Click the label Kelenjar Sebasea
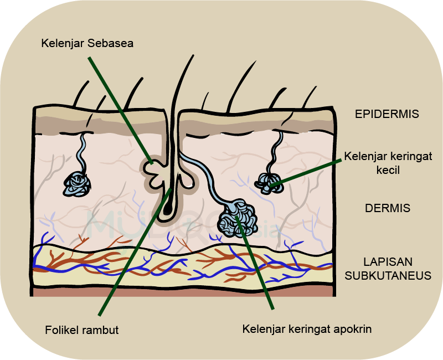(x=87, y=43)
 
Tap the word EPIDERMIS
(x=387, y=114)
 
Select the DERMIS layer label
(x=387, y=208)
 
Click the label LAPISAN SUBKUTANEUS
(x=388, y=269)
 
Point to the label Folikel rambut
(x=81, y=330)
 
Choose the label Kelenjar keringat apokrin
(x=307, y=329)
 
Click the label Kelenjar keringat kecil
(x=388, y=163)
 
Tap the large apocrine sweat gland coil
(x=238, y=218)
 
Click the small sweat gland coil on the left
(x=77, y=184)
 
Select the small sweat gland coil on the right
(x=269, y=184)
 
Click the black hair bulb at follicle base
(x=168, y=208)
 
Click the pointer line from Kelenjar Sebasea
(x=121, y=110)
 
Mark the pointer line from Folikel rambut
(x=135, y=251)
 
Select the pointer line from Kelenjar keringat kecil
(x=306, y=173)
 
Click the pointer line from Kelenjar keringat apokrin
(x=255, y=263)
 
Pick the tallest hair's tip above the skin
(x=193, y=55)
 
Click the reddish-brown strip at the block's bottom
(x=183, y=292)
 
